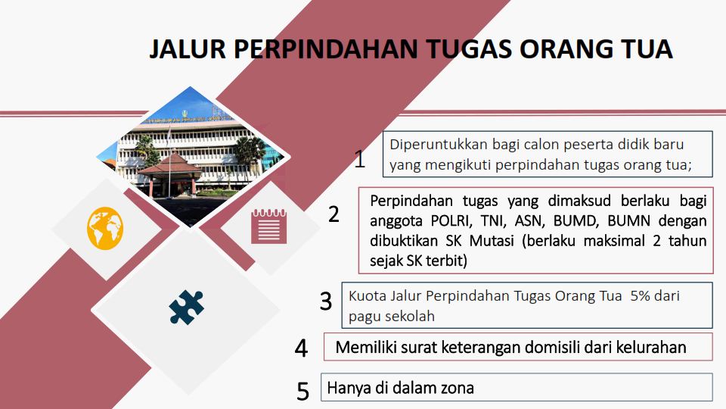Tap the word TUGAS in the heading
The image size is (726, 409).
click(x=469, y=49)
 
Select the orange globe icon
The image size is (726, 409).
click(x=105, y=229)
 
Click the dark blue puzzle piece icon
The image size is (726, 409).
click(x=186, y=307)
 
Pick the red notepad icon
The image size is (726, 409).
click(x=269, y=226)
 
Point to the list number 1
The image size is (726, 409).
click(x=360, y=160)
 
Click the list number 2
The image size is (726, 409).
click(x=334, y=214)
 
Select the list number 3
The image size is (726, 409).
click(x=326, y=301)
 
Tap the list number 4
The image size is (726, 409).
click(x=301, y=348)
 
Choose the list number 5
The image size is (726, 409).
click(x=302, y=392)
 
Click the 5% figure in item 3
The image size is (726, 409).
click(x=641, y=296)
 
